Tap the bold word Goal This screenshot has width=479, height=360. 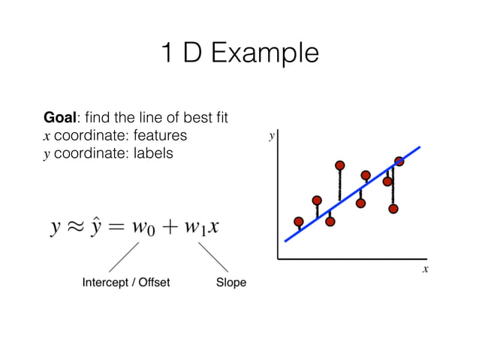[x=62, y=118]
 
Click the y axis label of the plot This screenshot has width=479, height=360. [x=272, y=136]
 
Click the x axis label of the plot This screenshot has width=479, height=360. [x=424, y=268]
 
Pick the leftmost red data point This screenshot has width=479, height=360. [x=299, y=222]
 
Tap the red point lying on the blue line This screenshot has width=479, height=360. [x=399, y=161]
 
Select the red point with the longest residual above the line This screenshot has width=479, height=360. [x=340, y=165]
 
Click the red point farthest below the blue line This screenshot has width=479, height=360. [x=393, y=208]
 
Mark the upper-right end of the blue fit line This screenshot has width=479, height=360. [x=419, y=148]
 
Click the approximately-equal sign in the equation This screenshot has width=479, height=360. [x=72, y=227]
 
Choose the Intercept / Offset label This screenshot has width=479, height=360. [x=125, y=283]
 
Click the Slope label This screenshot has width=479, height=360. [x=230, y=283]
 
